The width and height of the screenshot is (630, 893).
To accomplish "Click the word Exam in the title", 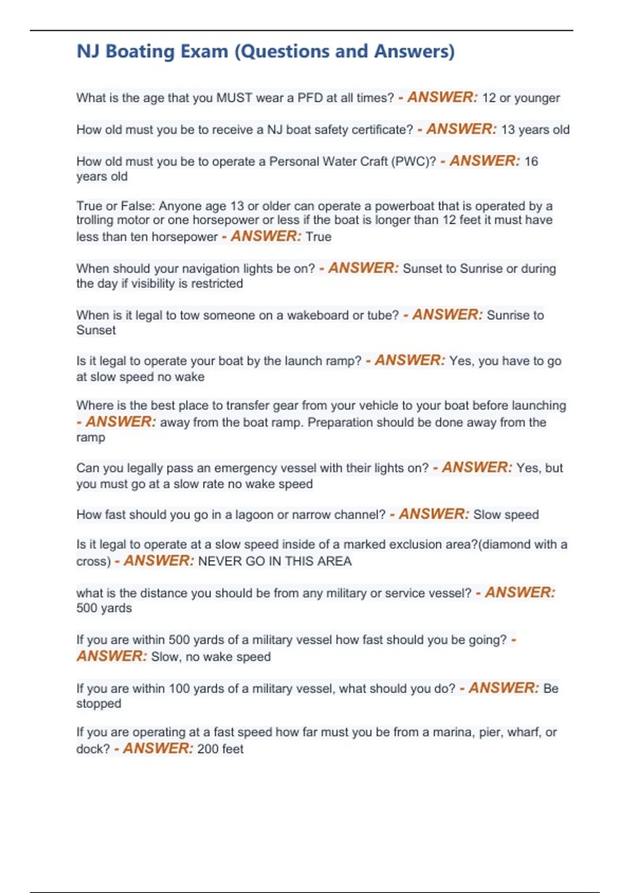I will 204,51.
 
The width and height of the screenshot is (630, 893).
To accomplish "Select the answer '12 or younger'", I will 521,98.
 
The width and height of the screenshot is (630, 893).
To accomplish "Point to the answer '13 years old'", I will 535,130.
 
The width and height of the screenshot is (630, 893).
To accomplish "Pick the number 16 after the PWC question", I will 531,161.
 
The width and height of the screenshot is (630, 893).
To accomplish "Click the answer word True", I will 318,237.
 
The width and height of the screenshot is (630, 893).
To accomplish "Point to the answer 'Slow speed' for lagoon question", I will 506,515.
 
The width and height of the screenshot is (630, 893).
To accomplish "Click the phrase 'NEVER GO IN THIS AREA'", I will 275,562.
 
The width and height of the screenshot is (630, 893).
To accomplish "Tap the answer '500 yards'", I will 104,608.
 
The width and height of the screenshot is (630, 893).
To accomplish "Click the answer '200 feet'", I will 220,749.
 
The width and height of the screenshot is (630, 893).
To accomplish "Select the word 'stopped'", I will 99,704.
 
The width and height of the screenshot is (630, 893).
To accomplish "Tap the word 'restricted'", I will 217,284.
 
